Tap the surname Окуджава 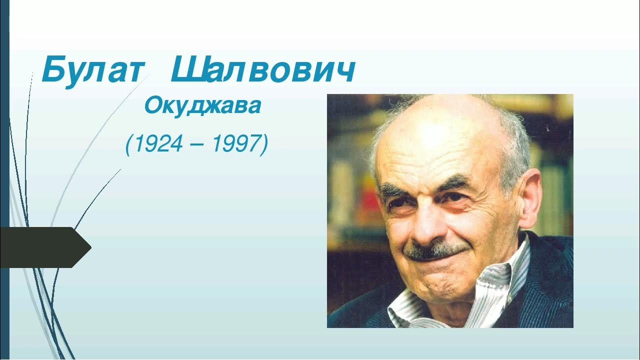(x=202, y=105)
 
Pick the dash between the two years (x=196, y=146)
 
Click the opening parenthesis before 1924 (x=129, y=145)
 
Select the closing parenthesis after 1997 (x=264, y=145)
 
